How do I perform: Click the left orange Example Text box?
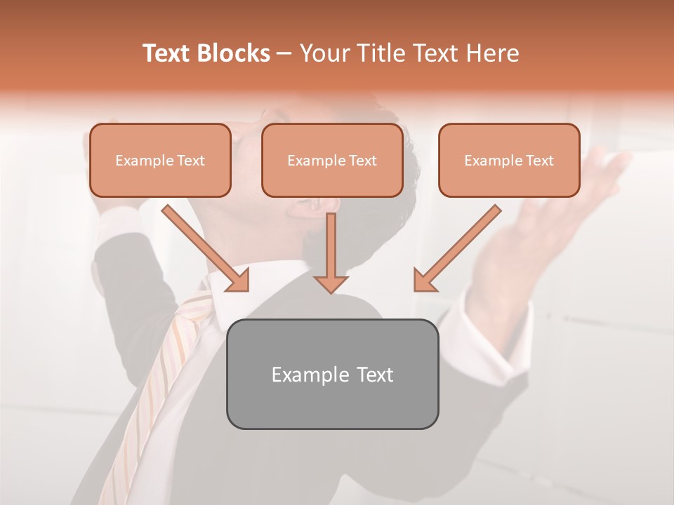[160, 161]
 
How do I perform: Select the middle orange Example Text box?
[332, 161]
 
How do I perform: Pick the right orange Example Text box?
[509, 161]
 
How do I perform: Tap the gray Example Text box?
[332, 374]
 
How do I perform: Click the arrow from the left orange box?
[207, 250]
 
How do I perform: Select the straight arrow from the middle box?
[331, 252]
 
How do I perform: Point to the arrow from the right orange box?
[456, 250]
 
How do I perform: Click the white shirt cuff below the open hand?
[491, 316]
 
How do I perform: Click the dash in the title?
[284, 53]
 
